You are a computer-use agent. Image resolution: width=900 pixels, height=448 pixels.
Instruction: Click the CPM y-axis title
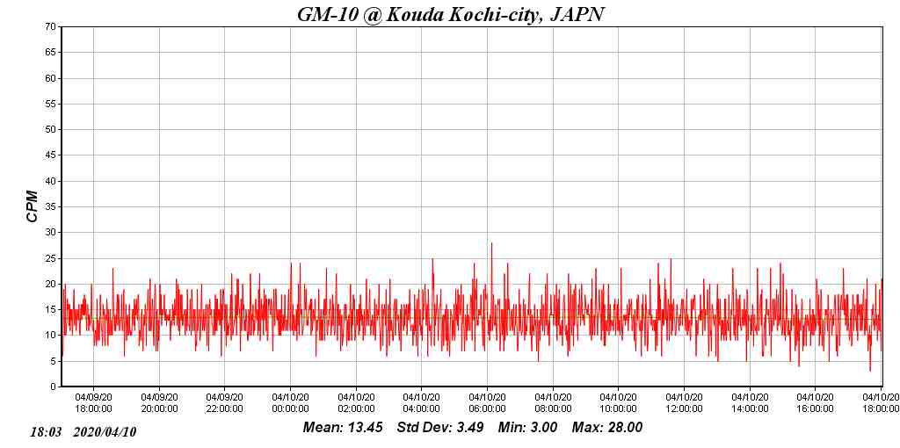click(33, 206)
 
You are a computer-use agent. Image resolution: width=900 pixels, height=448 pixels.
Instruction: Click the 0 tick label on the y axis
click(54, 387)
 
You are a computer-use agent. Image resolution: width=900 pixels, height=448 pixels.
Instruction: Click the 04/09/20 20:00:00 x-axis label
click(159, 402)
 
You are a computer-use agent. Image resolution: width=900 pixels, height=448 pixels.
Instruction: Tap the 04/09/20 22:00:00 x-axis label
click(225, 402)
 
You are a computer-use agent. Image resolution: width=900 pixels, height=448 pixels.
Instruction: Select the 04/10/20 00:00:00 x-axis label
click(290, 402)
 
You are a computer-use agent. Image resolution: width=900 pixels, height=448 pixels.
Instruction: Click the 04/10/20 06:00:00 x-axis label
click(487, 402)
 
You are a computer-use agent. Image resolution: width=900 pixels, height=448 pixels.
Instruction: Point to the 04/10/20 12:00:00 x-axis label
click(684, 402)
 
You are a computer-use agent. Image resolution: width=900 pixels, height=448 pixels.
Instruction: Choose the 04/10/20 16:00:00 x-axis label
click(815, 402)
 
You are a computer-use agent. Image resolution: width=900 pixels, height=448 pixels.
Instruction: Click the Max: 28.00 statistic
click(607, 428)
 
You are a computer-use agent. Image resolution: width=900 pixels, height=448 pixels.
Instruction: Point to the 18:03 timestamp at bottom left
click(45, 432)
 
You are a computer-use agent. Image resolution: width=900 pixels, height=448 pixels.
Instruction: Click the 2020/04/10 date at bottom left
click(105, 432)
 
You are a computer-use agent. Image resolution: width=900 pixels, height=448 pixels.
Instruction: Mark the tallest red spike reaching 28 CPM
click(491, 244)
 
